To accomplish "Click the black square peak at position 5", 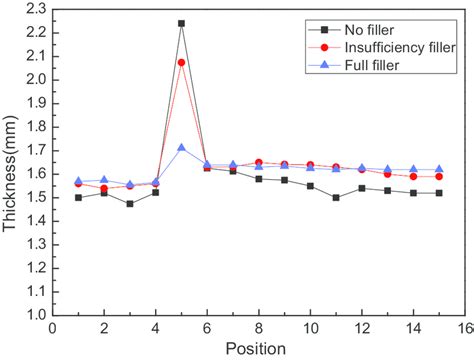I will point(181,23).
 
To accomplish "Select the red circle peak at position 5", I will point(181,63).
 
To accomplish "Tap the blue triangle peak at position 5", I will point(181,148).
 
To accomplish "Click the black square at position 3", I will point(129,203).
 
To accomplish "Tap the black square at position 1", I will point(78,197).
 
